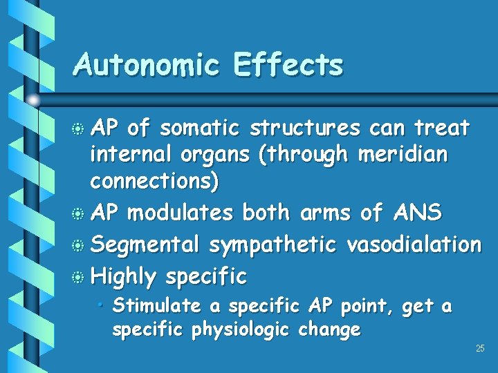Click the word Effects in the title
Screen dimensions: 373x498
point(288,65)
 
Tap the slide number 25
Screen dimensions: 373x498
point(480,348)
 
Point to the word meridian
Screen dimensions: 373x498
point(403,155)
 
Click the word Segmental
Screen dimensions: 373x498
point(146,244)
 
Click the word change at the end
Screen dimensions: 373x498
point(329,329)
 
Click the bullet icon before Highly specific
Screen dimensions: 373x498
point(80,277)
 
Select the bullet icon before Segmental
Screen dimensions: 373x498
point(80,245)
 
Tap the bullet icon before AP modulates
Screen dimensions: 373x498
point(80,213)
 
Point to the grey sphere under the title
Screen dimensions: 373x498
point(33,100)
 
